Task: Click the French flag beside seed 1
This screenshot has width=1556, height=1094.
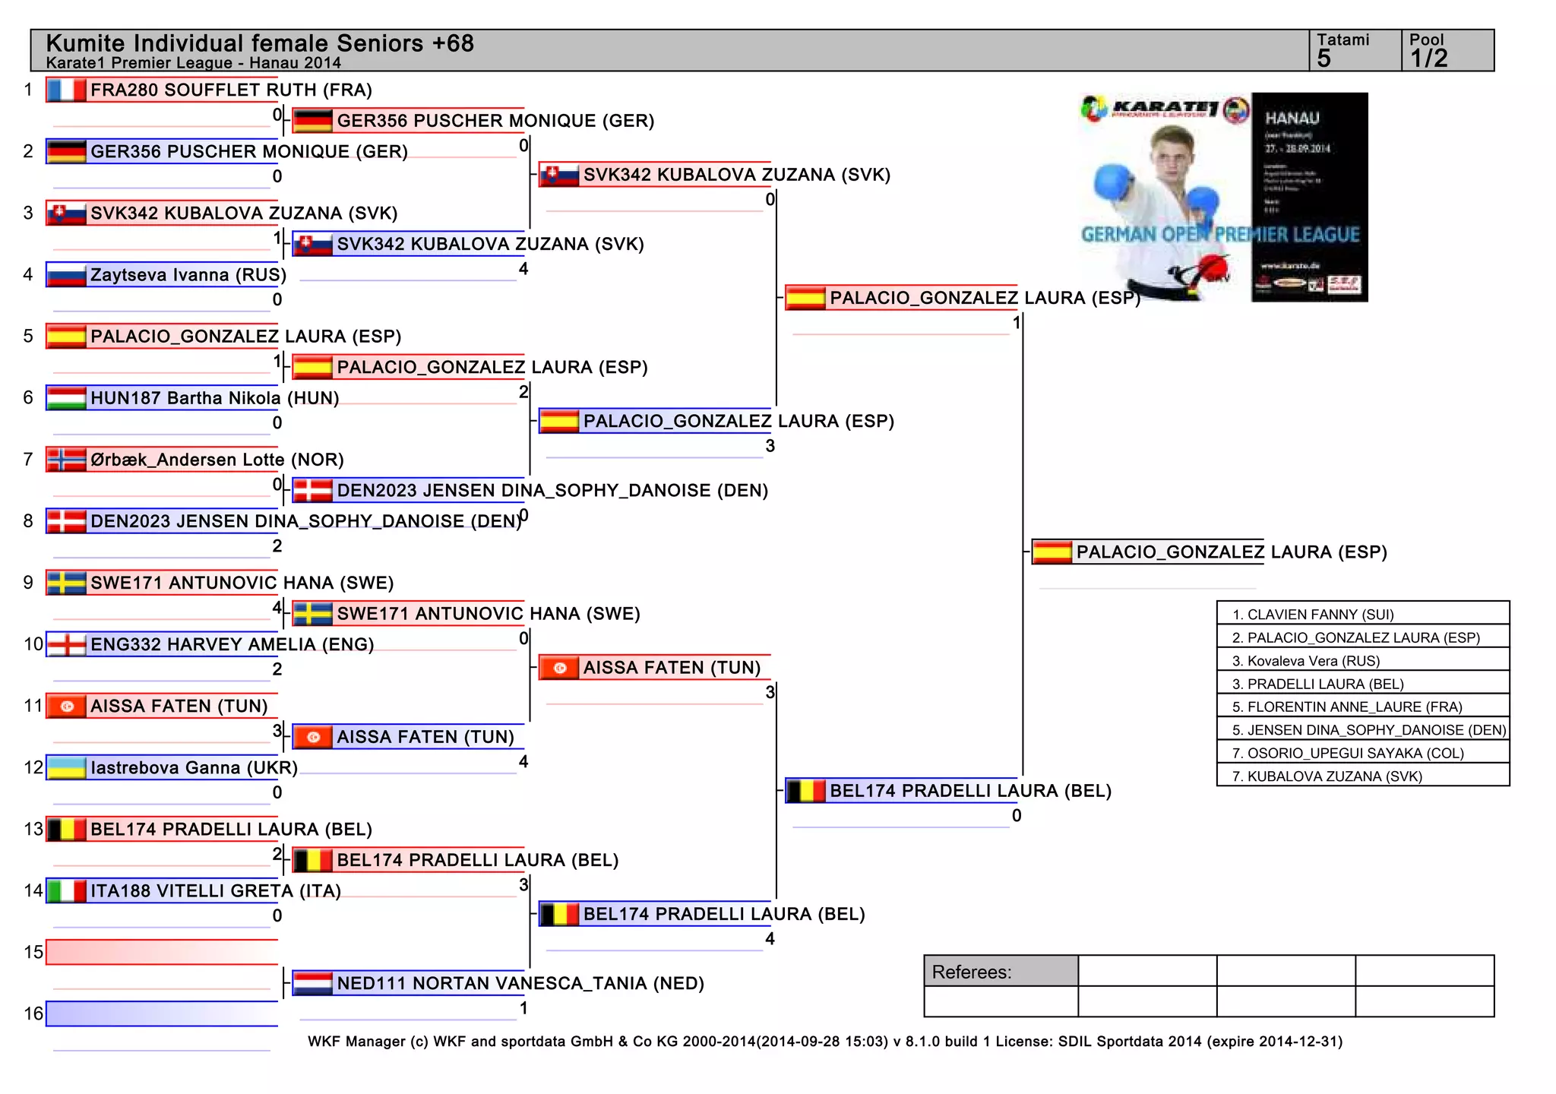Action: tap(65, 90)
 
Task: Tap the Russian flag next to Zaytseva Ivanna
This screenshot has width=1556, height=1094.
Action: tap(65, 275)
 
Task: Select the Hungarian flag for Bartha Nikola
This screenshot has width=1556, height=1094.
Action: tap(65, 398)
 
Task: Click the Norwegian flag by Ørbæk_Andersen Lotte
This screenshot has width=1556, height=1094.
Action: tap(65, 460)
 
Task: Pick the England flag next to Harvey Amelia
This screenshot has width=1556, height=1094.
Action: tap(65, 644)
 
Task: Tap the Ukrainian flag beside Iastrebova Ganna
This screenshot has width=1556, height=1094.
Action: tap(65, 767)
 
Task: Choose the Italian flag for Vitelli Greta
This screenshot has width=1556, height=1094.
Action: tap(65, 890)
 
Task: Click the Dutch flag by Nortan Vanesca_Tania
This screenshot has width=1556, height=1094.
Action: tap(312, 983)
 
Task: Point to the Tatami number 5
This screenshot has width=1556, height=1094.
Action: tap(1324, 58)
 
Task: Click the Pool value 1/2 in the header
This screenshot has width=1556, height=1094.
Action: tap(1428, 58)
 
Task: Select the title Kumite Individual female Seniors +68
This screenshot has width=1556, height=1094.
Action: tap(260, 43)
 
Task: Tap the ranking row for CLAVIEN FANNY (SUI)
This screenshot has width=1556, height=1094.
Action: tap(1362, 614)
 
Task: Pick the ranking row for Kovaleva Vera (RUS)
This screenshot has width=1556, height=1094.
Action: tap(1362, 660)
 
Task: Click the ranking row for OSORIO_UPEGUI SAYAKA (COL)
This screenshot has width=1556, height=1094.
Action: tap(1362, 753)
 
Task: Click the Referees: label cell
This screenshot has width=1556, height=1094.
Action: tap(1001, 972)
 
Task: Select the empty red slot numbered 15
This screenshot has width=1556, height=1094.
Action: tap(161, 952)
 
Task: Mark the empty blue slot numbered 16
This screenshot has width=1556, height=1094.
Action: tap(161, 1013)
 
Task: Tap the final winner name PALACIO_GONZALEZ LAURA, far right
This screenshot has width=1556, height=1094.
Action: tap(1231, 552)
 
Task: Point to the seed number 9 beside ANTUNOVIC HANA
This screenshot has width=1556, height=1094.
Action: tap(28, 583)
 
